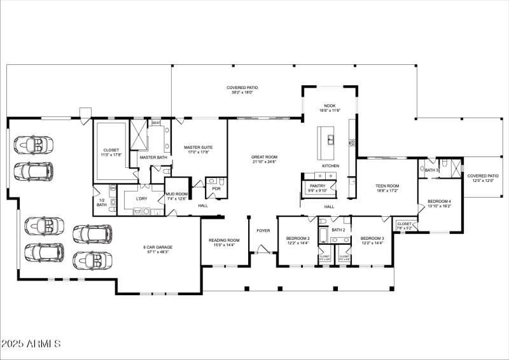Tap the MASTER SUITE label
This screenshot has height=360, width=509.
point(198,148)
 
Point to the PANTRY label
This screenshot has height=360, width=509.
point(317,186)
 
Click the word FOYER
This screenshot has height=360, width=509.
point(263,230)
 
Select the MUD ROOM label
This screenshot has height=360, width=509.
point(176,194)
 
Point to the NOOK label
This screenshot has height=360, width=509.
point(330,106)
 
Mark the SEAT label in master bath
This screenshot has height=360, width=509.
point(156,123)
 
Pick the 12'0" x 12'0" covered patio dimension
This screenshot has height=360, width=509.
point(483,181)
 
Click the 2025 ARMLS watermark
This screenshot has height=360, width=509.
point(31,344)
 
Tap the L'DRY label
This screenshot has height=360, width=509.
point(142,198)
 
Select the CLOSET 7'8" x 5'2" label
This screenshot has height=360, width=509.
point(404,225)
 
